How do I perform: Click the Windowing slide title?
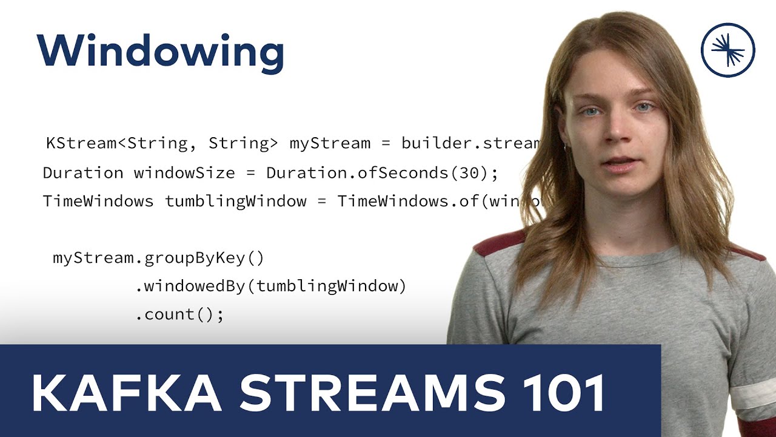[x=161, y=51]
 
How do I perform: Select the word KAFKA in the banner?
[x=125, y=393]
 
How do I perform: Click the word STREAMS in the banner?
[x=372, y=393]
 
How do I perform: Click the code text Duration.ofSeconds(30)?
[x=382, y=173]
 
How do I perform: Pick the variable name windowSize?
[x=184, y=173]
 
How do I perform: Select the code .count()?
[x=179, y=315]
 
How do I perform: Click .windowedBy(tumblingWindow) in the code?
[x=270, y=286]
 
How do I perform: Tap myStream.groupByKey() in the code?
[x=158, y=259]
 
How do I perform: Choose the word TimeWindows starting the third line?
[x=98, y=202]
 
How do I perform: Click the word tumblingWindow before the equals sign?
[x=236, y=202]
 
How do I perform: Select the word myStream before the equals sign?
[x=330, y=144]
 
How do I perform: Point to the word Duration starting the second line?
[x=83, y=173]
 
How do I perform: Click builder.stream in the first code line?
[x=470, y=144]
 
